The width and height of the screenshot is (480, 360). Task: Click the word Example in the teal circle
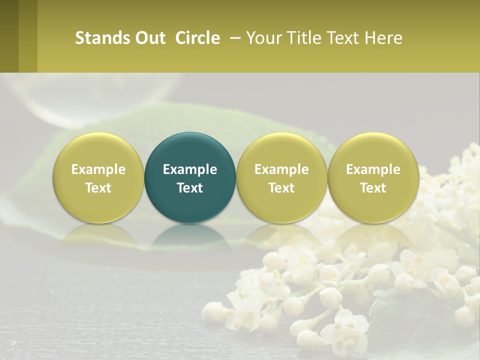coord(190,169)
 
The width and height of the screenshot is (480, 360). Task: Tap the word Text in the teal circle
coord(190,188)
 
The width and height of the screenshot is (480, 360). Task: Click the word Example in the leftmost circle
coord(98,169)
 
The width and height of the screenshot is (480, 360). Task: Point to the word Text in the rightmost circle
coord(373,188)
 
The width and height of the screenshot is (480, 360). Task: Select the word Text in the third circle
coord(281,188)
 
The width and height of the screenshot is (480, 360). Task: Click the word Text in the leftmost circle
coord(98,188)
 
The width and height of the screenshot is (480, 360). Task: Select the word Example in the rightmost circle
coord(373,169)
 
